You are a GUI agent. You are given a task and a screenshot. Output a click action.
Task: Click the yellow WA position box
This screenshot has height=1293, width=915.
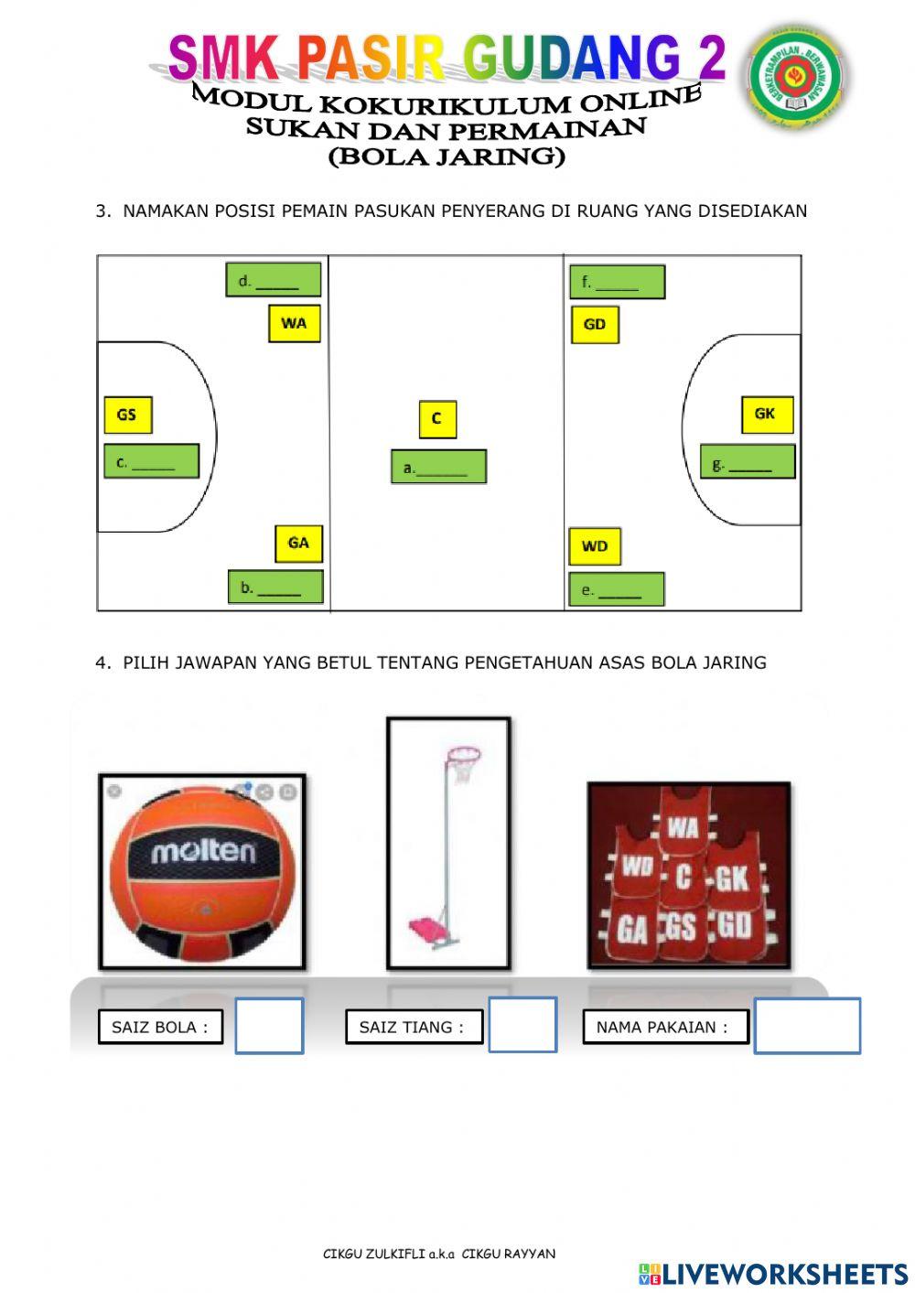pos(294,324)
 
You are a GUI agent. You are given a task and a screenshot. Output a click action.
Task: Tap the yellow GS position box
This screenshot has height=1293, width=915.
pos(127,415)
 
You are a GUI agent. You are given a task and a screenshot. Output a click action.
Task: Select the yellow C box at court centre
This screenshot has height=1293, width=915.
pos(437,419)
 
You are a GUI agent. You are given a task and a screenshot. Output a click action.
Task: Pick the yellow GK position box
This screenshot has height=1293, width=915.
pos(766,415)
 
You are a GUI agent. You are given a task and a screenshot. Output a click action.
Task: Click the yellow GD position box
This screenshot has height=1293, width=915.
pos(595,325)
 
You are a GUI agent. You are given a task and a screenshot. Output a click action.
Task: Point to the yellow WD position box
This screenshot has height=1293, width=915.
pos(595,546)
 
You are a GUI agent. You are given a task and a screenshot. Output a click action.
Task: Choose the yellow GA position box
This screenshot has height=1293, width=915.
pos(298,544)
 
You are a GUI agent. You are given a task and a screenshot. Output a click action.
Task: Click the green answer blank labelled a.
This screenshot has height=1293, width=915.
pos(438,467)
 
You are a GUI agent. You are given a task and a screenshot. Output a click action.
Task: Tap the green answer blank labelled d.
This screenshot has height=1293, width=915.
pos(273,280)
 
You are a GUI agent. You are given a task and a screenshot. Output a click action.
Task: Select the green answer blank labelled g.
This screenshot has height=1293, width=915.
pos(748,462)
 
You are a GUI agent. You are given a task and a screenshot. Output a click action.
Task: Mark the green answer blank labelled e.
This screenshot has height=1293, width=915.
pos(616,589)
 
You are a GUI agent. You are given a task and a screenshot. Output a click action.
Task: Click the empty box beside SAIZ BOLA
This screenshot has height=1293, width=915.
pos(269,1026)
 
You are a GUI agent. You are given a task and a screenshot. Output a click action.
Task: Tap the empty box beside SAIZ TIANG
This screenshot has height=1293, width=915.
pos(522,1025)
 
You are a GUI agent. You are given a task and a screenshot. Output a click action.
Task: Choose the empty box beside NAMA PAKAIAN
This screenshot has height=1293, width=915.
pos(807,1026)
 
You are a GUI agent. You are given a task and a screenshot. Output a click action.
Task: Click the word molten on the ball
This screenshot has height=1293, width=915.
pos(203,852)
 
